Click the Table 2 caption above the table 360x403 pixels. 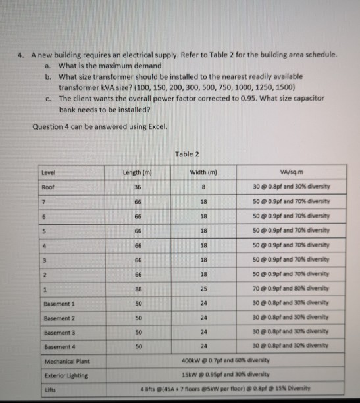tap(188, 154)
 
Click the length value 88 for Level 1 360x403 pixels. tap(137, 290)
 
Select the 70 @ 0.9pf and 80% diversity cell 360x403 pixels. tap(294, 290)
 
